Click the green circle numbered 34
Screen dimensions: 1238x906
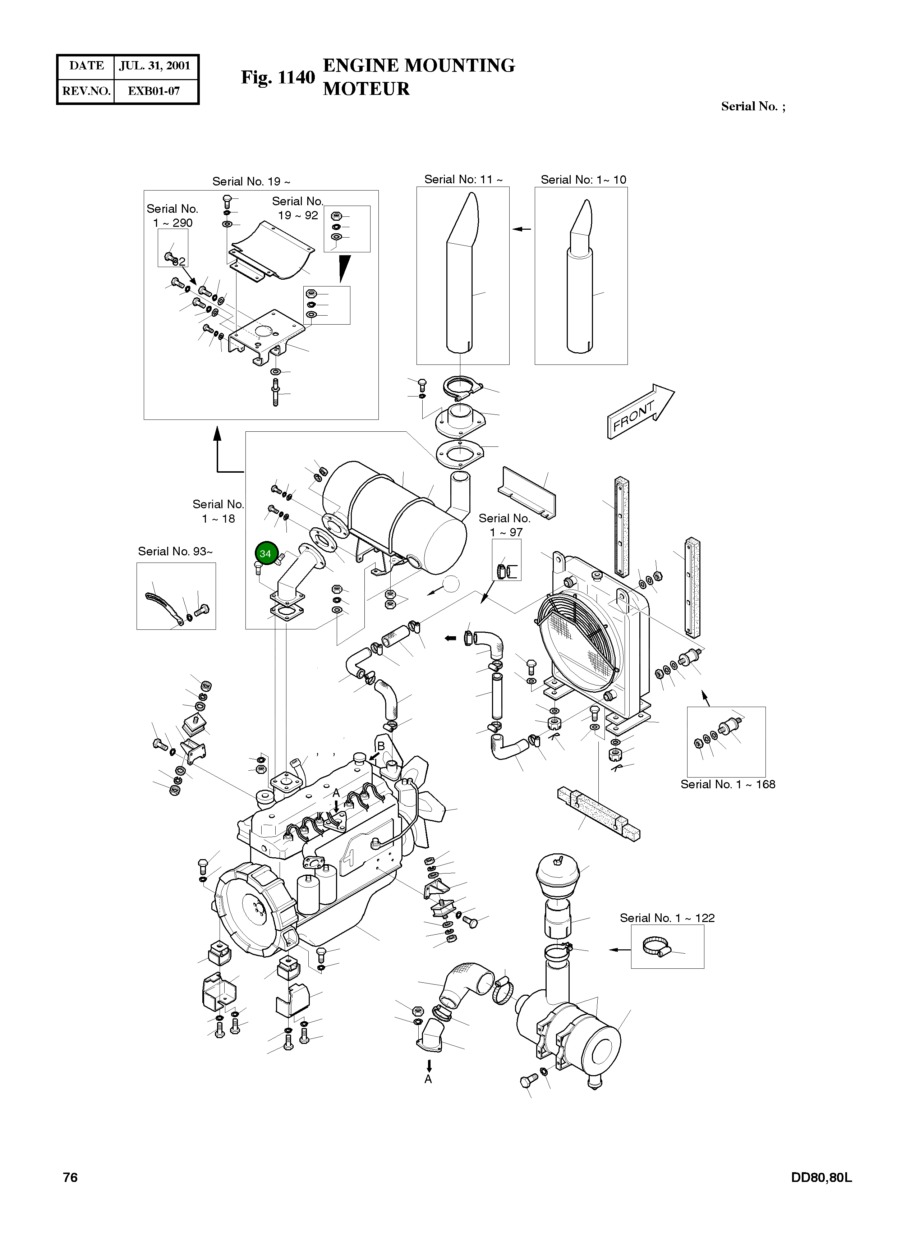266,554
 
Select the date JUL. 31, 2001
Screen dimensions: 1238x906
155,66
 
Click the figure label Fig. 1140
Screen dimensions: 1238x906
278,77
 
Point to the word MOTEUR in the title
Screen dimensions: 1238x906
366,89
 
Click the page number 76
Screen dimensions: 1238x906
70,1177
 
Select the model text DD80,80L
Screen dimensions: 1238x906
821,1177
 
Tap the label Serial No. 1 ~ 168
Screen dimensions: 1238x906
728,784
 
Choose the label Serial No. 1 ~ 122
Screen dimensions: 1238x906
667,918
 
